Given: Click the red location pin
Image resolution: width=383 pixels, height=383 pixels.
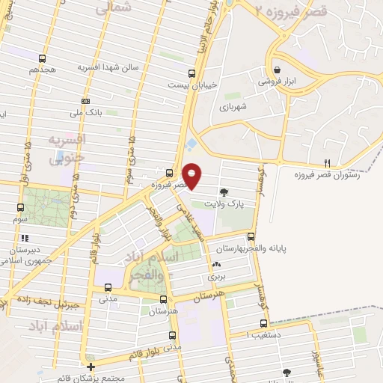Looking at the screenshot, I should (x=193, y=176).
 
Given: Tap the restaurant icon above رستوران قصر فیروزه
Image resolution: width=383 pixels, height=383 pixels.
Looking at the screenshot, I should (x=327, y=163).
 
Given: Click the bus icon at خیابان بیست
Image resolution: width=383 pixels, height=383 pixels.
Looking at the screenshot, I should (x=192, y=73).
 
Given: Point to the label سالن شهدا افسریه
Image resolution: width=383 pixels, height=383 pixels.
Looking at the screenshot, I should (x=108, y=67).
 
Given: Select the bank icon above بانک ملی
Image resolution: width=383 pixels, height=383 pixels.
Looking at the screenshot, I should (x=85, y=101).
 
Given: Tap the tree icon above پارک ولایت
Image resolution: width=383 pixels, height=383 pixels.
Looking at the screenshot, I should (x=224, y=192).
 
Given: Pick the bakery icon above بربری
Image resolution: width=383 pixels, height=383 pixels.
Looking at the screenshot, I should (x=216, y=264).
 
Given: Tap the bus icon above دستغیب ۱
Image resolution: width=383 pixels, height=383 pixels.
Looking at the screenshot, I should (x=263, y=323).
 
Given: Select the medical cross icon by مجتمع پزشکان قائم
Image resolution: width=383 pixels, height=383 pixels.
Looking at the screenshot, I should (x=90, y=367).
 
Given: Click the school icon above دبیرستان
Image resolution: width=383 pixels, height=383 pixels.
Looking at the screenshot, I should (x=25, y=238).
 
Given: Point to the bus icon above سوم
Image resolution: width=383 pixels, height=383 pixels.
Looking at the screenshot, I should (x=18, y=211).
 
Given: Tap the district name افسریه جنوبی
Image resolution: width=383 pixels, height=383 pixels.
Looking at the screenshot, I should (x=67, y=150).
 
